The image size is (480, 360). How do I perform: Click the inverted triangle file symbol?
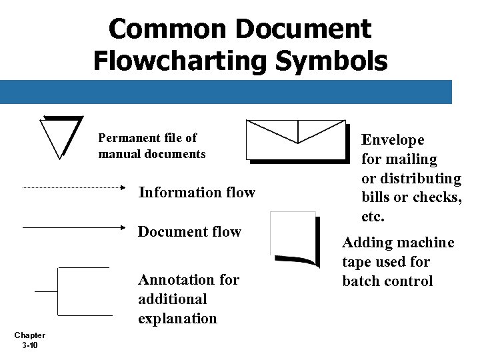point(62,135)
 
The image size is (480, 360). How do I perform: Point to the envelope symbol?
point(297,140)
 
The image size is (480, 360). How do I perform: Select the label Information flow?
point(197,193)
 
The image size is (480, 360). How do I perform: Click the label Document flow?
point(189,232)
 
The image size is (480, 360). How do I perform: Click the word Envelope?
point(393,140)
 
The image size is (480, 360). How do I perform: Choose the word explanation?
point(177,319)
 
